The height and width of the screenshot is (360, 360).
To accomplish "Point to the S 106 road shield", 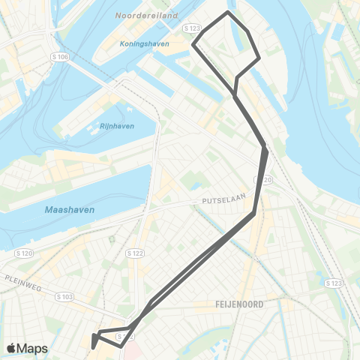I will [60, 56].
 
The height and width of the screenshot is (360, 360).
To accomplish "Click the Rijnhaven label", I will [116, 126].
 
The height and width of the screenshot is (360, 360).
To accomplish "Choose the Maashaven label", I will [69, 210].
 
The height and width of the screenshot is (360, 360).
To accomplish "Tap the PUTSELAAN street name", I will [219, 202].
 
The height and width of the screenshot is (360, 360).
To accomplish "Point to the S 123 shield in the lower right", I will [334, 283].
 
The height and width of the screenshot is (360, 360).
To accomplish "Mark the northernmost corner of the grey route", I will [228, 12].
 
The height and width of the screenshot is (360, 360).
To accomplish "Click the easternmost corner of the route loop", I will [259, 58].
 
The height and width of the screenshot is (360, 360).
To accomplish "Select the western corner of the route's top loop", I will [194, 44].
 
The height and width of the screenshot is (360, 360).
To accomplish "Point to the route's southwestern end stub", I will [92, 345].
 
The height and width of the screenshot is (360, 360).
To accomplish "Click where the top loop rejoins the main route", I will [236, 96].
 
